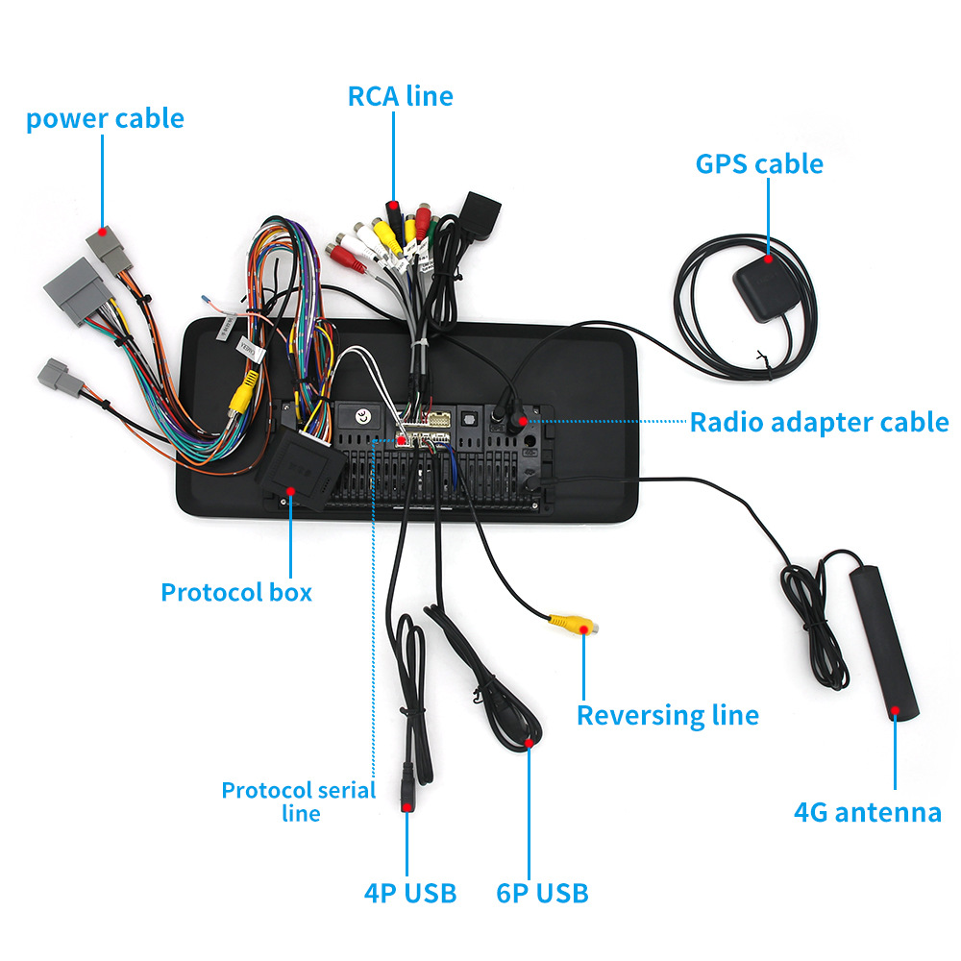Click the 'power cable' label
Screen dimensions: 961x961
pyautogui.click(x=105, y=119)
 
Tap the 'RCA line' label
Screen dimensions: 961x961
pyautogui.click(x=400, y=96)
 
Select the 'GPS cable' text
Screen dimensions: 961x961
pyautogui.click(x=759, y=163)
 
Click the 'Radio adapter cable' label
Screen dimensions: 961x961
pyautogui.click(x=819, y=422)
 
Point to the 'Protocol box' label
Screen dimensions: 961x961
pyautogui.click(x=236, y=592)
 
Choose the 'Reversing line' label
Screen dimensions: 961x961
pyautogui.click(x=667, y=715)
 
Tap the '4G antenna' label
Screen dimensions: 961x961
pyautogui.click(x=868, y=812)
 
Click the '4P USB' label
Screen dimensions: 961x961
pyautogui.click(x=410, y=893)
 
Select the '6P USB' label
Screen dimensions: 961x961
pyautogui.click(x=542, y=893)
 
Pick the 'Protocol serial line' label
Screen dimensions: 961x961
pyautogui.click(x=298, y=801)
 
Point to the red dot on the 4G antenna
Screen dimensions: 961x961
pyautogui.click(x=895, y=712)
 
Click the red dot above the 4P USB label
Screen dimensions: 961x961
pyautogui.click(x=407, y=809)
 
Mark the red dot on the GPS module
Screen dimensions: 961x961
pyautogui.click(x=769, y=258)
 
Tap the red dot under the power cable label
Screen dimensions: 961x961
pyautogui.click(x=103, y=233)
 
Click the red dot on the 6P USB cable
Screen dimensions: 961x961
pyautogui.click(x=529, y=743)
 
